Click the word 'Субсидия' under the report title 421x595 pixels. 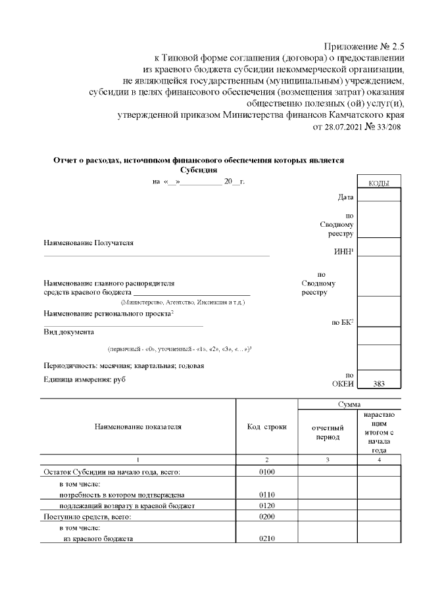(x=198, y=169)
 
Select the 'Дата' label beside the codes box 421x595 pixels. (x=346, y=197)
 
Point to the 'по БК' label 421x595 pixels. (x=343, y=322)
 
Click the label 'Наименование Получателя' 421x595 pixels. (x=88, y=243)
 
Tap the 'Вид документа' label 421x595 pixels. (x=68, y=332)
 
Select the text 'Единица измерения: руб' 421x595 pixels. (x=84, y=379)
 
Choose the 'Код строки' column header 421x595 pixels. (x=266, y=427)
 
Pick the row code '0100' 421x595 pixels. (x=266, y=471)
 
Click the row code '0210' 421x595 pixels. (x=266, y=539)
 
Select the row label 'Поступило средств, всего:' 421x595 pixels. (x=87, y=517)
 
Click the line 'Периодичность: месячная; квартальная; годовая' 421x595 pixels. (x=124, y=366)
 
